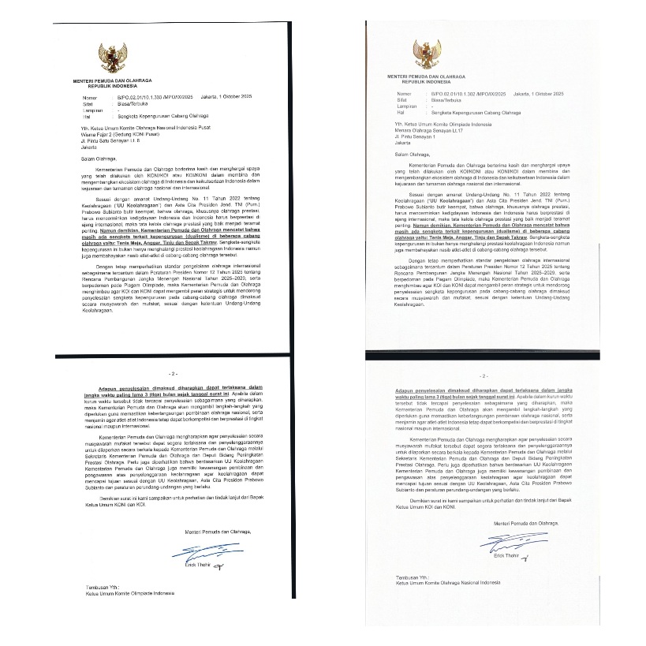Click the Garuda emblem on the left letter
point(112,58)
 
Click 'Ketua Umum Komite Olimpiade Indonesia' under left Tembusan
point(130,594)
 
